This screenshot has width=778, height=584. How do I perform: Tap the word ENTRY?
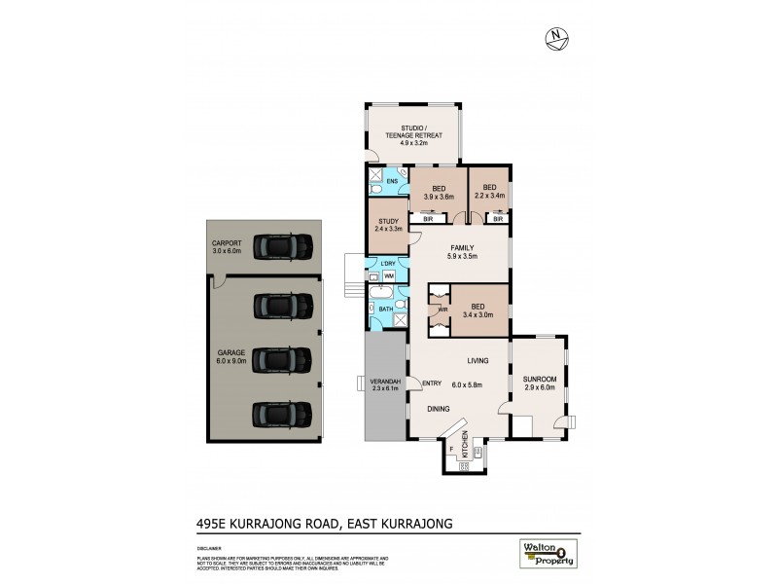point(430,383)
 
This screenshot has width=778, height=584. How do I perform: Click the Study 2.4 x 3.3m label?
point(388,225)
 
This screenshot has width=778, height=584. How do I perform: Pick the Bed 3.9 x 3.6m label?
point(439,193)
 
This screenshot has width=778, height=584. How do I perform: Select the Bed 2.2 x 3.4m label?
point(489,193)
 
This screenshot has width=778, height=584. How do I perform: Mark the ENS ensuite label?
point(392,182)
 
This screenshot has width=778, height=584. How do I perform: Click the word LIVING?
point(476,361)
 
